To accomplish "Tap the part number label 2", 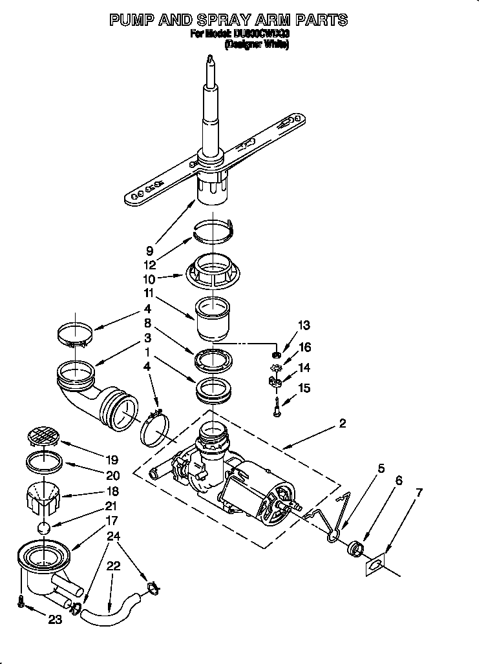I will (343, 424).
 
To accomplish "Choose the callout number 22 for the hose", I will (113, 566).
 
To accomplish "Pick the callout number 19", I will (112, 460).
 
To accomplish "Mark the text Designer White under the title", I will (257, 45).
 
